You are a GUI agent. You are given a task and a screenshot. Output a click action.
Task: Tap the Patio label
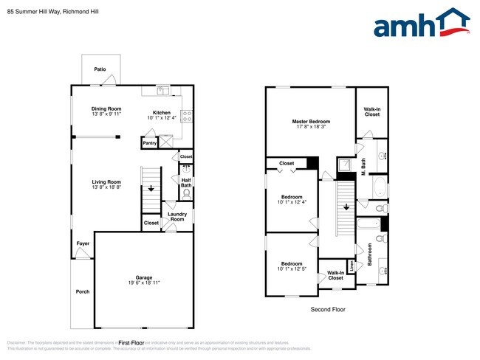100,69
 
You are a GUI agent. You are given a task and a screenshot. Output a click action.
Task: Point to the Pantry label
150,143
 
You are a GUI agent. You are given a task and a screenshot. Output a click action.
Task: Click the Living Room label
106,181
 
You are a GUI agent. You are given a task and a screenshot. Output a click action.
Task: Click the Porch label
83,291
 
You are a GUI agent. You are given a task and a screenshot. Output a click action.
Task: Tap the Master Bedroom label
310,121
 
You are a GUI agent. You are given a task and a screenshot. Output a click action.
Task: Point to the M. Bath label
363,167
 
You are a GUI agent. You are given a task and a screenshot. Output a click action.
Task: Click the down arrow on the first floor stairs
151,189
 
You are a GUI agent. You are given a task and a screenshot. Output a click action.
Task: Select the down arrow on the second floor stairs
345,207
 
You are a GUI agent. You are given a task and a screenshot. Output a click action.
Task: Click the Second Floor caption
327,310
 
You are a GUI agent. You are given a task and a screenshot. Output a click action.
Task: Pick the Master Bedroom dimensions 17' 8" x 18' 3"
310,127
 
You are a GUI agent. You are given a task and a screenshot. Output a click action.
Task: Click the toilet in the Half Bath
186,193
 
